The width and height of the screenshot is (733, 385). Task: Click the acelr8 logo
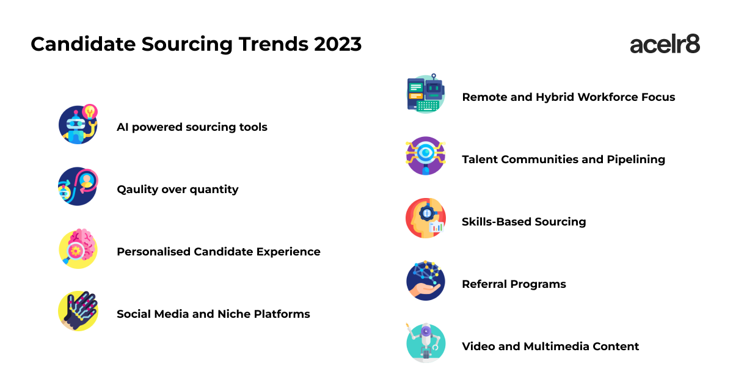(665, 44)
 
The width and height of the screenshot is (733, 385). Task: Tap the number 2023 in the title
(338, 44)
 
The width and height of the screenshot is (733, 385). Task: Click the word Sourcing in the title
(187, 45)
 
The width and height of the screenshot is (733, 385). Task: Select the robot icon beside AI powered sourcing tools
(78, 125)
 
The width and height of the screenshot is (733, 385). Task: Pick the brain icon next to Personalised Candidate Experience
(78, 249)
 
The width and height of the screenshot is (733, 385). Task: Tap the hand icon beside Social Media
(78, 310)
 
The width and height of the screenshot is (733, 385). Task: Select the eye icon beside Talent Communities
(425, 156)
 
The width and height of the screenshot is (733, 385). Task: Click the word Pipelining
(636, 159)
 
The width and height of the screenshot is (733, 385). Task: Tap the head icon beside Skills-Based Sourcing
(425, 218)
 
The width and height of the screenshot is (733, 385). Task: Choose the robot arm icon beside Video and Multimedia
(425, 343)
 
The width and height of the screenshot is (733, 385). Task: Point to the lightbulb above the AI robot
(90, 112)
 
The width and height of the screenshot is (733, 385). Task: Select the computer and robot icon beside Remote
(425, 94)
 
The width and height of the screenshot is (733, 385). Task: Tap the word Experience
(288, 252)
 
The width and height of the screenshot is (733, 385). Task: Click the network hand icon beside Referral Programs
(425, 280)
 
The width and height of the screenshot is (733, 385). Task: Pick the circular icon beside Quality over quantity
(78, 186)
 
